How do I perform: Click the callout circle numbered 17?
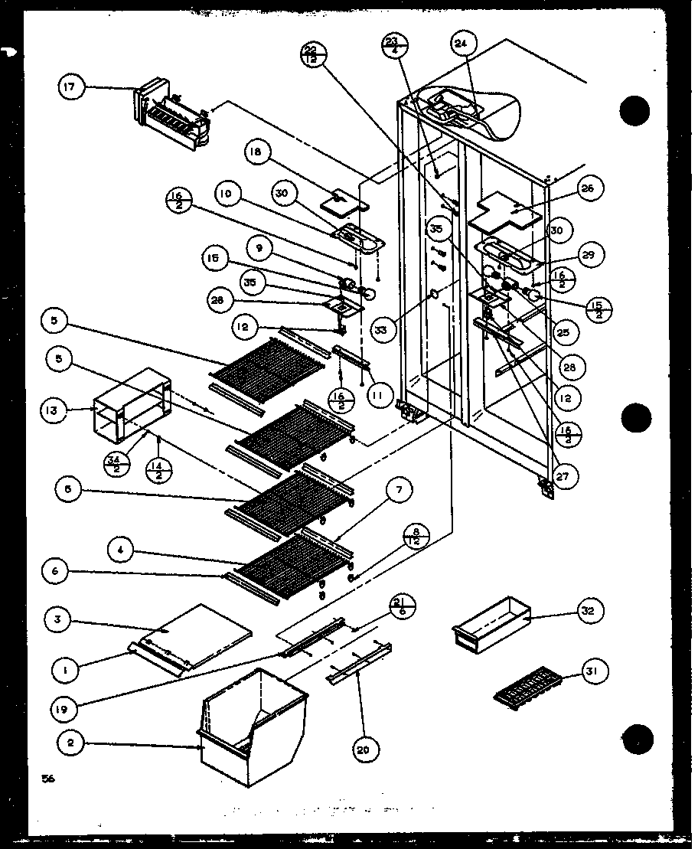click(70, 87)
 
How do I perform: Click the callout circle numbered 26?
click(591, 189)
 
